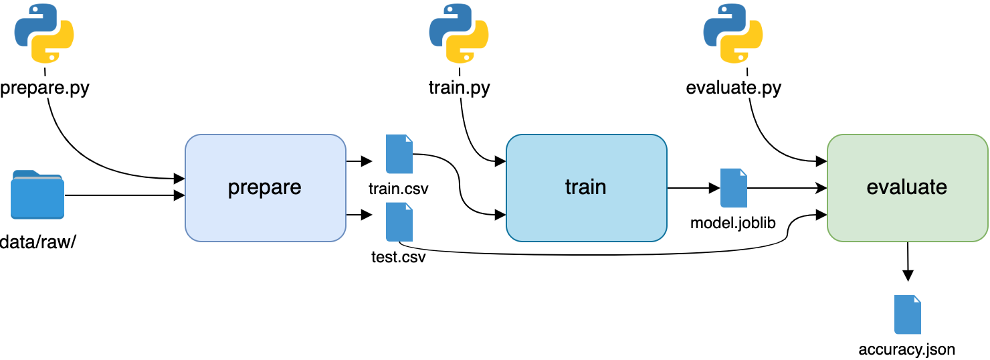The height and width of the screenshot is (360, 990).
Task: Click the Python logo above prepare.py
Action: coord(44,33)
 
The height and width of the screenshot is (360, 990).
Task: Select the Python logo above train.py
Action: coord(459,33)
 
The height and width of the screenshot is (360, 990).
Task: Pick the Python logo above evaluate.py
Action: coord(733,33)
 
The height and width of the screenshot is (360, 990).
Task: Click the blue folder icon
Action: coord(37,195)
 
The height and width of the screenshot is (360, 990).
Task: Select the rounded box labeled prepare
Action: coord(265,187)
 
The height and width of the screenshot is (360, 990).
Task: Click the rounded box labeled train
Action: coord(586,187)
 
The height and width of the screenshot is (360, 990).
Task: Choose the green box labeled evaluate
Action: coord(907,187)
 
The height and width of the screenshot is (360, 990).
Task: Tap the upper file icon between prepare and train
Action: coord(399,155)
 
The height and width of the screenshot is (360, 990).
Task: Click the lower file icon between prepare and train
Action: coord(399,221)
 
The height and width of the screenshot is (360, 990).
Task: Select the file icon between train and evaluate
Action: coord(733,188)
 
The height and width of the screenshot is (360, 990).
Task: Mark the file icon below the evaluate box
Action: coord(907,314)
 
